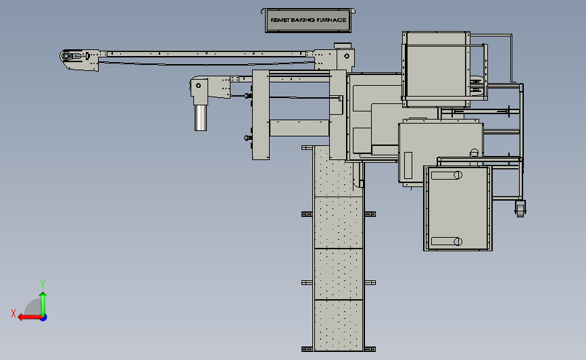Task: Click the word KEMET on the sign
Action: click(280, 20)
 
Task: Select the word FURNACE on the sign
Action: click(332, 20)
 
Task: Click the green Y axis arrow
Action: click(43, 304)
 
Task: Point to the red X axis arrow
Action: click(30, 317)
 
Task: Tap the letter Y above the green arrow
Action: click(42, 284)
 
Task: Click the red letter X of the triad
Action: click(14, 313)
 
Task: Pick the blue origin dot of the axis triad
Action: click(44, 318)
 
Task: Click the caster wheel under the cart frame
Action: click(520, 209)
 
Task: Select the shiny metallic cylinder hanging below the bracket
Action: click(201, 118)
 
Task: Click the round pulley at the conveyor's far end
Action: click(66, 56)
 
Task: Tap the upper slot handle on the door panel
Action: click(447, 175)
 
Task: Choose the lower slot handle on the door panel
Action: click(447, 242)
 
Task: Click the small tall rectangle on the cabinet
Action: click(408, 165)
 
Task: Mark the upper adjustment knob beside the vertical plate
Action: click(247, 96)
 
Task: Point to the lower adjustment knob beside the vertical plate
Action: click(247, 138)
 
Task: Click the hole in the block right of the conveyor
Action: click(347, 56)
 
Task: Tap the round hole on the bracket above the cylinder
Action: click(199, 86)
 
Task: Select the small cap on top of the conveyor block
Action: click(343, 45)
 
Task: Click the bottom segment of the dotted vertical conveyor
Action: click(339, 326)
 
